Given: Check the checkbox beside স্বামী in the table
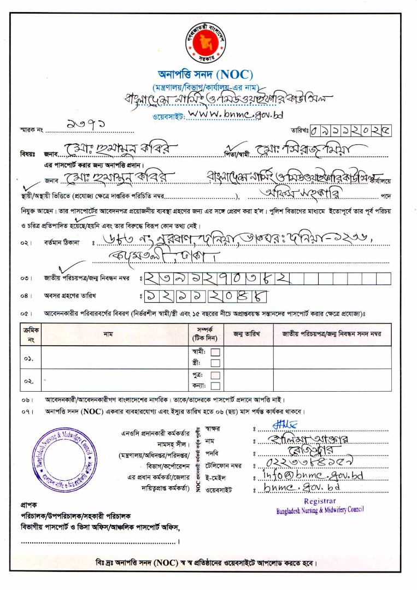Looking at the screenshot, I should click(215, 352).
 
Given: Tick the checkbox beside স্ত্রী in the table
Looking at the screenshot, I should click(215, 363).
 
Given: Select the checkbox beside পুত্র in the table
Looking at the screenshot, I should click(215, 375).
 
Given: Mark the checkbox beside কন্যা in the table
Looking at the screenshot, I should click(215, 386).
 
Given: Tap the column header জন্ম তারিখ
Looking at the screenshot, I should click(249, 334).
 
